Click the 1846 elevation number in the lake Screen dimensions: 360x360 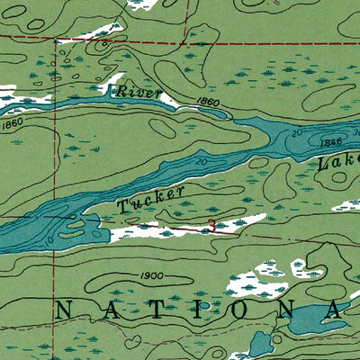click(332, 142)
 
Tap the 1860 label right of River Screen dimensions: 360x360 click(206, 104)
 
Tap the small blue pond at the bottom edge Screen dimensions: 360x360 click(261, 344)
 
